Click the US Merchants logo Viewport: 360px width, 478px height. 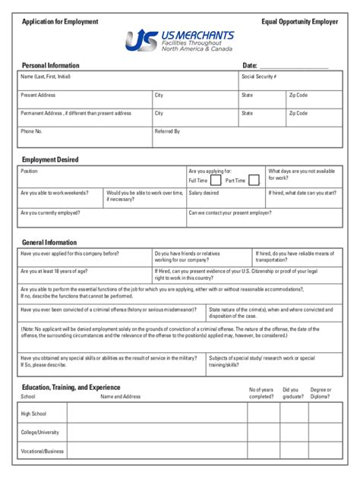(x=179, y=40)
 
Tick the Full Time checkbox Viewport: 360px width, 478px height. (x=216, y=181)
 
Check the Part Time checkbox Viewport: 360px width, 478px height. (x=254, y=181)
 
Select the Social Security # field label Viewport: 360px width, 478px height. (x=258, y=77)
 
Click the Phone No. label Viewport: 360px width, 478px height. (x=31, y=131)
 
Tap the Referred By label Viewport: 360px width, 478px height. (x=167, y=131)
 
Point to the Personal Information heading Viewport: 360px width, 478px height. (x=50, y=65)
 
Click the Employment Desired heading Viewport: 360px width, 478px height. (x=50, y=160)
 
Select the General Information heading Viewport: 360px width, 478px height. (x=49, y=242)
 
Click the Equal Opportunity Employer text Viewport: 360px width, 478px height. (x=300, y=22)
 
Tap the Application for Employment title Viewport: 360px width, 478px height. (x=60, y=22)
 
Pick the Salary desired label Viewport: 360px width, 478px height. (x=204, y=193)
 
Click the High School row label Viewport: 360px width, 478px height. (x=34, y=413)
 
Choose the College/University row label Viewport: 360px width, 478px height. (x=39, y=432)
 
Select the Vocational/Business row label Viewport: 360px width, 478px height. (x=43, y=452)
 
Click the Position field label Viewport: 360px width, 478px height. (x=29, y=171)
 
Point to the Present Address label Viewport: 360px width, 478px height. (x=38, y=96)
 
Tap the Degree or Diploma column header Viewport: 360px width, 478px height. (x=321, y=393)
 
